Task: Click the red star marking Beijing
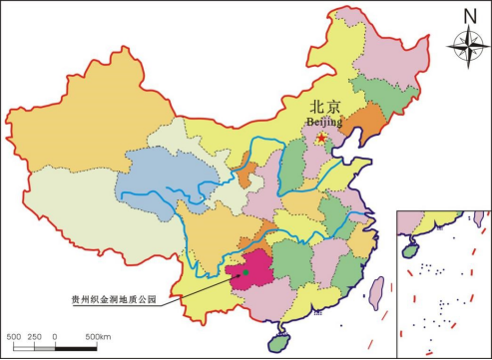click(321, 139)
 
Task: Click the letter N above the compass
click(468, 14)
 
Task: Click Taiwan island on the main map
click(377, 290)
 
